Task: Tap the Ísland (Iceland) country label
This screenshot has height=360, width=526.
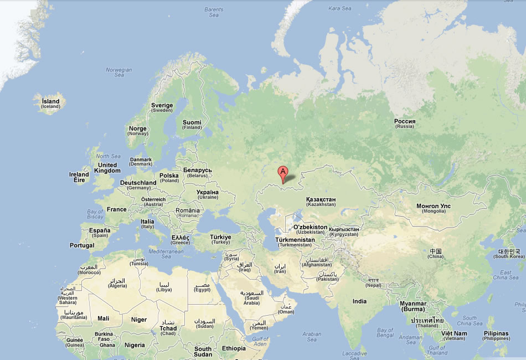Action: [x=50, y=104]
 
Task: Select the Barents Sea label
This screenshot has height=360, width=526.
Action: [x=214, y=12]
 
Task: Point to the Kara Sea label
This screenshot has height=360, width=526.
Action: [x=340, y=8]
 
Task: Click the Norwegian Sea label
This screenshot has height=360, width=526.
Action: [x=119, y=73]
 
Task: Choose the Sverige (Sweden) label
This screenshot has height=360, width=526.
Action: [x=162, y=107]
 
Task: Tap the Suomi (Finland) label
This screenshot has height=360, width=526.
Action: [x=192, y=125]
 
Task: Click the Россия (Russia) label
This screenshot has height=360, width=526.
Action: [x=405, y=124]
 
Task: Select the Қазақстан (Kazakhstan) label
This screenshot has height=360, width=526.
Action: [x=321, y=202]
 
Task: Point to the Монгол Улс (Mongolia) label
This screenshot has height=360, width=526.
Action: [x=434, y=208]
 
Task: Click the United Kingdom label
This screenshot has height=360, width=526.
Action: [x=107, y=168]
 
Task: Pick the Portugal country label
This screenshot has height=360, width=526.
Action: [x=82, y=245]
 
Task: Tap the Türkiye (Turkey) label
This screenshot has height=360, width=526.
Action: [x=220, y=239]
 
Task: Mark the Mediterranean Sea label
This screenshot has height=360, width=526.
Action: [x=166, y=254]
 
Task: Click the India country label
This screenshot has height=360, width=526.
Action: [x=359, y=301]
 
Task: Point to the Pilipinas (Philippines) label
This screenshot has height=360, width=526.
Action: [x=496, y=336]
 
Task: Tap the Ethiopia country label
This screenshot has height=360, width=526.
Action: [x=234, y=348]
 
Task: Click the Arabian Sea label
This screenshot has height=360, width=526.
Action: [x=312, y=337]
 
